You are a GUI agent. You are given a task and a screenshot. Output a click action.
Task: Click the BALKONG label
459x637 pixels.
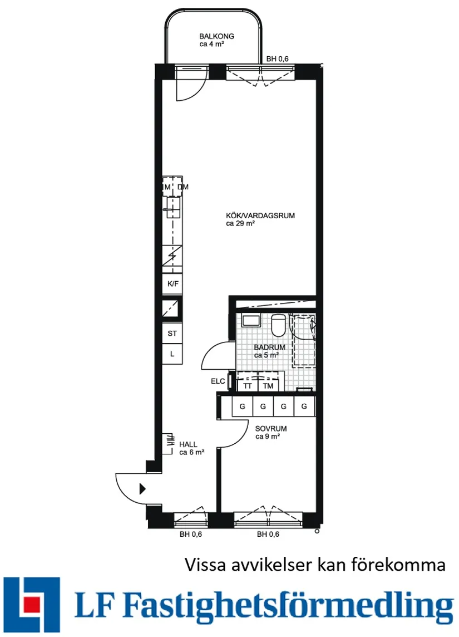216,36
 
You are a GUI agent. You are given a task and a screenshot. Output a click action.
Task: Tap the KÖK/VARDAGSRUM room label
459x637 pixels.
260,215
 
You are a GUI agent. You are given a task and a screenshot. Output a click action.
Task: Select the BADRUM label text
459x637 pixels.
269,347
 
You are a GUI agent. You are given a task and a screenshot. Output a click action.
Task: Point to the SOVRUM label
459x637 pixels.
271,429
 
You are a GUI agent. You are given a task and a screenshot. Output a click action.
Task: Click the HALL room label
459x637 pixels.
188,444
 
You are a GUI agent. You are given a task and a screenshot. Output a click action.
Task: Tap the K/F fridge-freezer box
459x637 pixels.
172,283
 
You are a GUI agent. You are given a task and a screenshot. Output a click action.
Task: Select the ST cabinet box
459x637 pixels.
172,334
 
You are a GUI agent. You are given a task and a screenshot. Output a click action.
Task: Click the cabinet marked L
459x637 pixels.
172,354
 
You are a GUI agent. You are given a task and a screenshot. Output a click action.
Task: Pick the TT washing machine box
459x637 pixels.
247,385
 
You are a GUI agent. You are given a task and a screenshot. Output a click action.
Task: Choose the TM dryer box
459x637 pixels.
268,385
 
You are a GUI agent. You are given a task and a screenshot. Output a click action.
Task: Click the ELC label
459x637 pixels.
218,381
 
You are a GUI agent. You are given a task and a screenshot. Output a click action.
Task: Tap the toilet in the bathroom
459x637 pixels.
278,325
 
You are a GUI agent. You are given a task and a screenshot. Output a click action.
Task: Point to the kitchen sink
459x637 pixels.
173,208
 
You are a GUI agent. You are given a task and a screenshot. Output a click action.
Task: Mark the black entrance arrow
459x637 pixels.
142,489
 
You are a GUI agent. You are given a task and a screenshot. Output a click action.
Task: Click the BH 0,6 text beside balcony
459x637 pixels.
277,59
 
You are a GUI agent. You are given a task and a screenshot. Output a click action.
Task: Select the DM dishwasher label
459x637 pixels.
182,187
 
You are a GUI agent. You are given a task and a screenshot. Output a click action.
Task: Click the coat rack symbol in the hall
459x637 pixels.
167,444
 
